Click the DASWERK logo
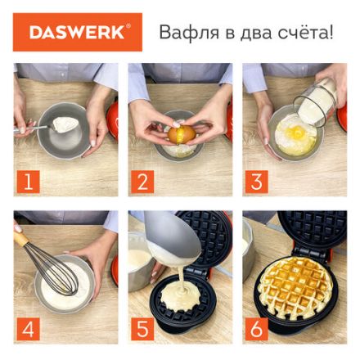pos(78,33)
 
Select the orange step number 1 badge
pos(27,181)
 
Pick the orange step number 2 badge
pos(142,181)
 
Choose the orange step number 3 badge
pos(256,181)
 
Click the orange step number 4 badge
pos(27,330)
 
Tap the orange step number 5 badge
pos(142,330)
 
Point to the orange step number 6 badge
pos(256,330)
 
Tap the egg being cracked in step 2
pos(182,133)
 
